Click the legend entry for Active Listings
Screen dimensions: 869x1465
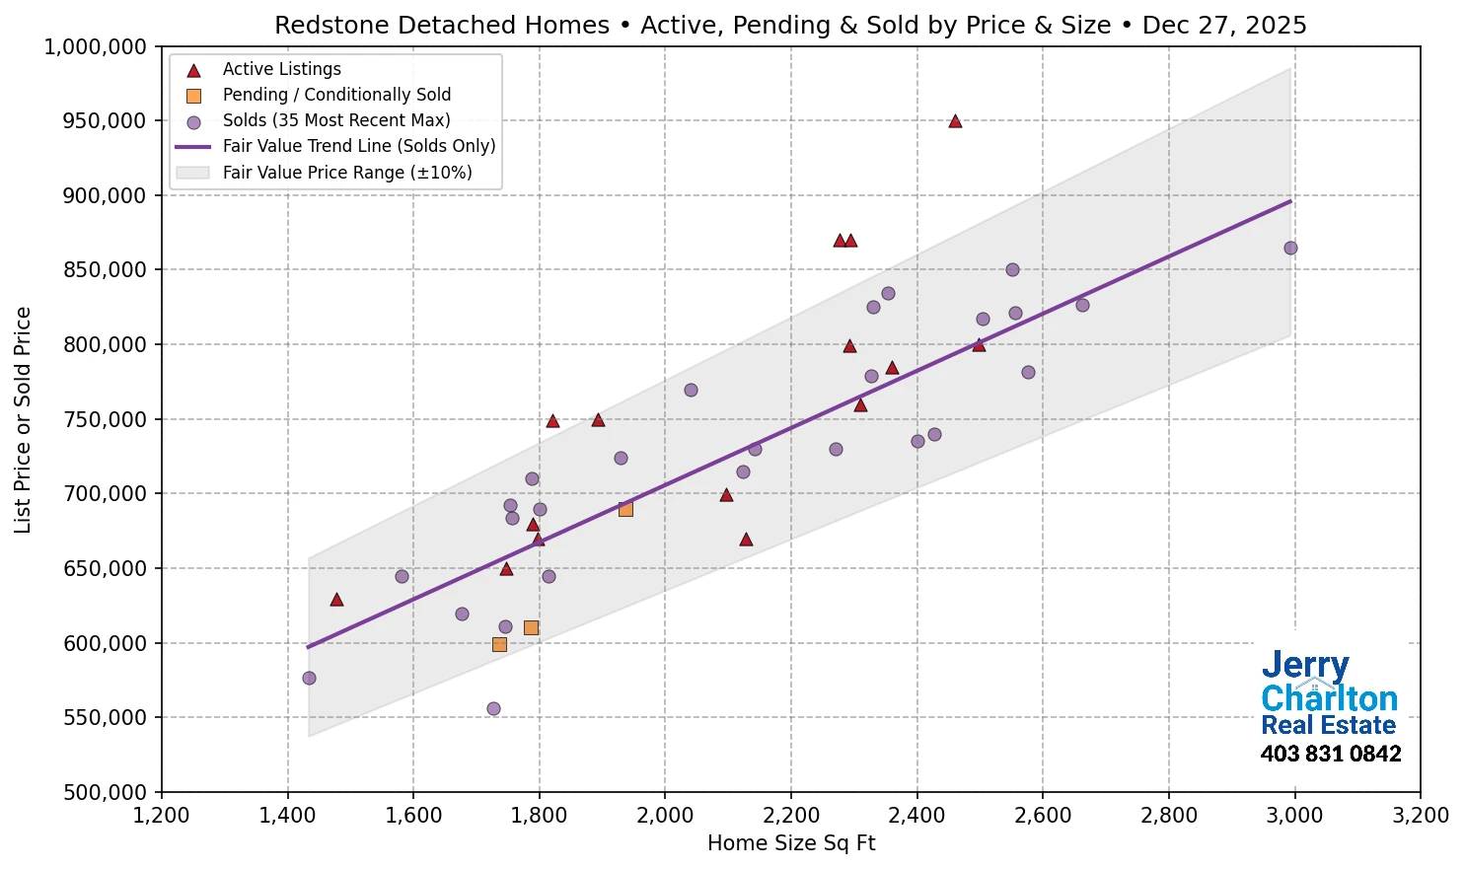point(281,69)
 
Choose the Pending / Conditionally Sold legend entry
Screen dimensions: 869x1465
point(335,95)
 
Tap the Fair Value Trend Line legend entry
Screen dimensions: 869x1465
point(358,146)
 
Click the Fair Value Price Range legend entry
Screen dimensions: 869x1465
point(346,173)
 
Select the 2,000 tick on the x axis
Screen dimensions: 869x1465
point(665,816)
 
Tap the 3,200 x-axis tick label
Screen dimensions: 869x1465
point(1420,816)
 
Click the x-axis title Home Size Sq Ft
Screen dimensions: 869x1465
point(791,843)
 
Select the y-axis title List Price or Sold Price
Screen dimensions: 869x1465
point(24,419)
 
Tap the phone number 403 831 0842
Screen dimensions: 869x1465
point(1330,755)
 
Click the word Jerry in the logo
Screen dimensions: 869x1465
point(1304,666)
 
